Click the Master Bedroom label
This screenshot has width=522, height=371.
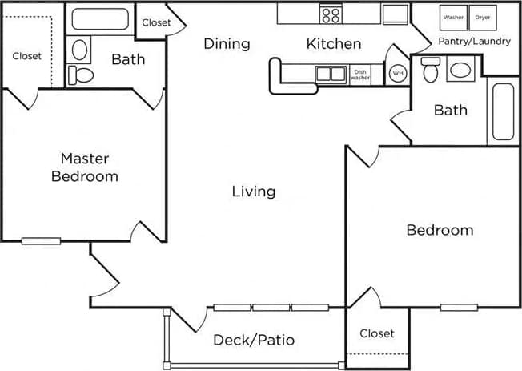coord(85,167)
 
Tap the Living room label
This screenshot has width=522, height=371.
coord(254,192)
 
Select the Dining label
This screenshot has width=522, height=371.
coord(227,44)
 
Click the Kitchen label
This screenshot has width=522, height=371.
coord(334,44)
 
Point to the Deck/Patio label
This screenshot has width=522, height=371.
coord(254,340)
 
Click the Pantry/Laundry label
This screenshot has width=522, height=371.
coord(474,41)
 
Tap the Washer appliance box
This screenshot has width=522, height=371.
coord(454,17)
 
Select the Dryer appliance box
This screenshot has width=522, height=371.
coord(483,17)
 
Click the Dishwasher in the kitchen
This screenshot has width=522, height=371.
coord(360,74)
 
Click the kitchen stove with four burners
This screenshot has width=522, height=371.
coord(331,14)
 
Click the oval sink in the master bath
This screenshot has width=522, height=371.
coord(81,50)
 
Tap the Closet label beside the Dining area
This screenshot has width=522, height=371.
coord(156,22)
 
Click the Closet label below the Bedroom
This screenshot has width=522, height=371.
coord(376,333)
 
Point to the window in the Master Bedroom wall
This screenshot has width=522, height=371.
coord(42,241)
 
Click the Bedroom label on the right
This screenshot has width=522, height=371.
coord(440,230)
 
